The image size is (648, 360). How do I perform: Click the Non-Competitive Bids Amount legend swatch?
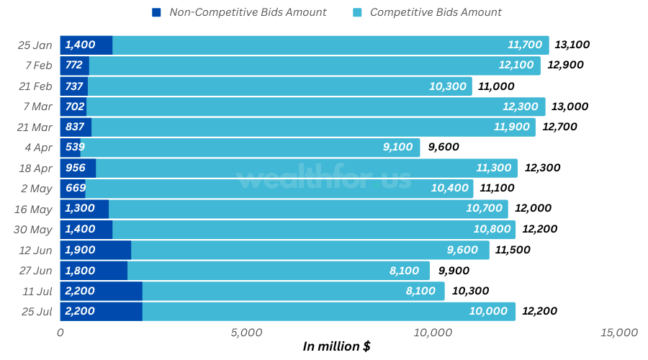click(156, 12)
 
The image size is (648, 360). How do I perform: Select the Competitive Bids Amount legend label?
click(436, 12)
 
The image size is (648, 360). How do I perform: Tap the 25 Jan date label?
click(35, 45)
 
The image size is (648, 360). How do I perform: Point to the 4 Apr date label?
click(39, 148)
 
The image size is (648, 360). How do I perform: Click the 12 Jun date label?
click(36, 250)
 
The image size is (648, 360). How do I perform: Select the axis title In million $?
click(336, 347)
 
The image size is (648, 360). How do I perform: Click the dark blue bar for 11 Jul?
click(101, 291)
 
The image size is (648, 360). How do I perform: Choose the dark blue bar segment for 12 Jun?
click(95, 250)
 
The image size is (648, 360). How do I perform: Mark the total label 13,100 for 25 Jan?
click(572, 45)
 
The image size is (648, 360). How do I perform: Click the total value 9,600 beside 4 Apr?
click(444, 148)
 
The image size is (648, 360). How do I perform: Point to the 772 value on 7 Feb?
click(74, 65)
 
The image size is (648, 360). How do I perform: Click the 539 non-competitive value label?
click(74, 148)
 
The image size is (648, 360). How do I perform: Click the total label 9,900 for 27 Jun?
click(454, 271)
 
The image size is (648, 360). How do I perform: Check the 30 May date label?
click(34, 230)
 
